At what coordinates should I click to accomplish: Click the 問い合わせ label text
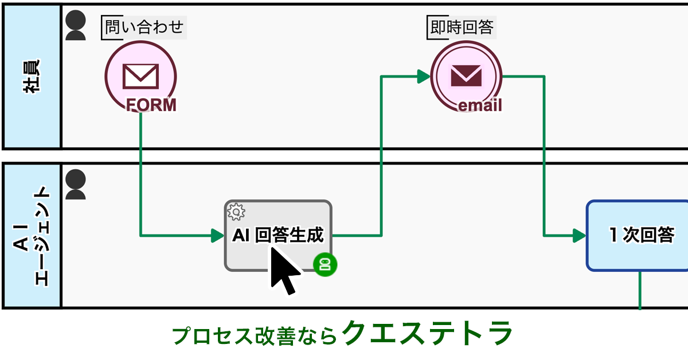[x=144, y=27]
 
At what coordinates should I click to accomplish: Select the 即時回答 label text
[x=462, y=27]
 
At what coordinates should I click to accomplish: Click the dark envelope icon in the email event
[x=466, y=75]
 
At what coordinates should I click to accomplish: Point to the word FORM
[x=151, y=105]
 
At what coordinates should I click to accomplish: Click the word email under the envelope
[x=480, y=105]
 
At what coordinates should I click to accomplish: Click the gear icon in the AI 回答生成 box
[x=236, y=212]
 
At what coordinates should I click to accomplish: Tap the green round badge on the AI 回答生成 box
[x=325, y=264]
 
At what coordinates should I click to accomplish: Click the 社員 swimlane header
[x=32, y=76]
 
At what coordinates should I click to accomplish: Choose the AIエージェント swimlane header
[x=32, y=236]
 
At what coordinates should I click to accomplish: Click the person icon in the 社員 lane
[x=76, y=26]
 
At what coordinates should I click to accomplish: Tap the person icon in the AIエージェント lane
[x=76, y=184]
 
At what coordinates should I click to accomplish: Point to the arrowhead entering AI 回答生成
[x=217, y=235]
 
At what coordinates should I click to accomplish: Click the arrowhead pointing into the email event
[x=424, y=76]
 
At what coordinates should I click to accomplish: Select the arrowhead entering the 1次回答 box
[x=578, y=235]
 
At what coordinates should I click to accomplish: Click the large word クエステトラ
[x=427, y=333]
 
